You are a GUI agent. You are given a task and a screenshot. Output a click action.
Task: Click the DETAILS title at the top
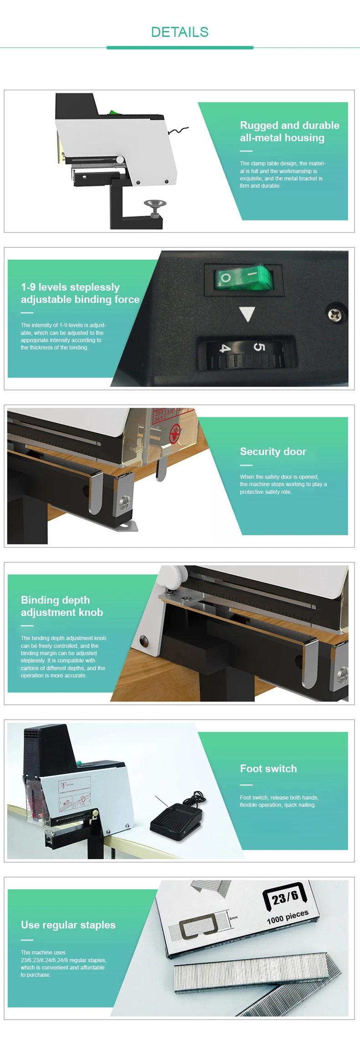(180, 32)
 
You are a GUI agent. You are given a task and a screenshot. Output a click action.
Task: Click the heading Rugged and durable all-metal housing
(289, 132)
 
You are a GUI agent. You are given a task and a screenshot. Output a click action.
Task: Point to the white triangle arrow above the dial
(247, 314)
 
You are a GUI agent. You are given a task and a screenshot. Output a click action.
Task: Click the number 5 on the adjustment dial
(258, 348)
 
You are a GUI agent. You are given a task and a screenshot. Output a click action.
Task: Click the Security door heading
(273, 451)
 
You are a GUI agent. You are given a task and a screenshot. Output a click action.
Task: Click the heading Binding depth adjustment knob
(62, 606)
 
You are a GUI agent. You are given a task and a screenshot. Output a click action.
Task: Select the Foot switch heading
(268, 769)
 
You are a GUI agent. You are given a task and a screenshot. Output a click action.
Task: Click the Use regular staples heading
(68, 925)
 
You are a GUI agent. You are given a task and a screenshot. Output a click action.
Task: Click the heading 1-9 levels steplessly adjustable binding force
(80, 293)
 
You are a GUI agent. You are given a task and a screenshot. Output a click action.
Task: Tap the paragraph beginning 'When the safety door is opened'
(283, 484)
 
